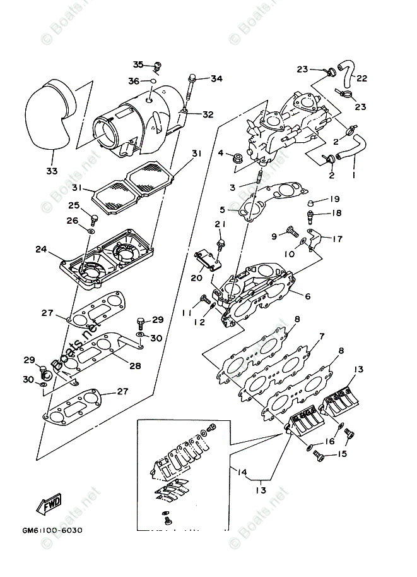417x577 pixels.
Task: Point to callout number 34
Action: point(216,79)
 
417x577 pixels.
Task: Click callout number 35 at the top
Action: point(139,64)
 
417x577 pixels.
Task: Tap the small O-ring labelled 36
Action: point(150,81)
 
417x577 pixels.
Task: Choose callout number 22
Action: point(361,78)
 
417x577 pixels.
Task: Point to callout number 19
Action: point(334,199)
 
